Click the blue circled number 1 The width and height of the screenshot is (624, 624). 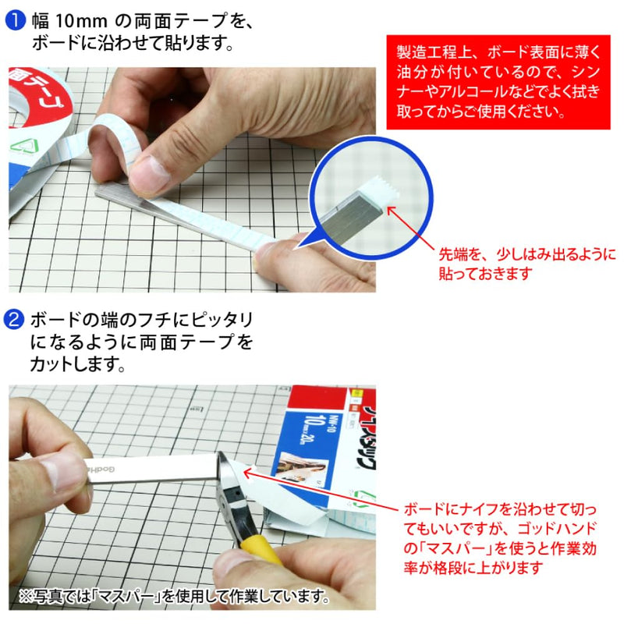point(15,21)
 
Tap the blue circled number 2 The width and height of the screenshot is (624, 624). point(13,319)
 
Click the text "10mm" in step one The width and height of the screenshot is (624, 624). point(81,21)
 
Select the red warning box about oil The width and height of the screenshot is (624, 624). point(498,82)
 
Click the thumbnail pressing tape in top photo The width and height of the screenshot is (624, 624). point(148,172)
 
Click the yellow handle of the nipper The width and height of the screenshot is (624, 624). point(262,551)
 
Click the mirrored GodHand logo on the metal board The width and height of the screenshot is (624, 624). point(101,470)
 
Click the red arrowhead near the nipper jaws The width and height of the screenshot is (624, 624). point(247,473)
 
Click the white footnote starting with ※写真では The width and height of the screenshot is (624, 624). point(174,597)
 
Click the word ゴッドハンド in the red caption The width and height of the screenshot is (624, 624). point(557,529)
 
